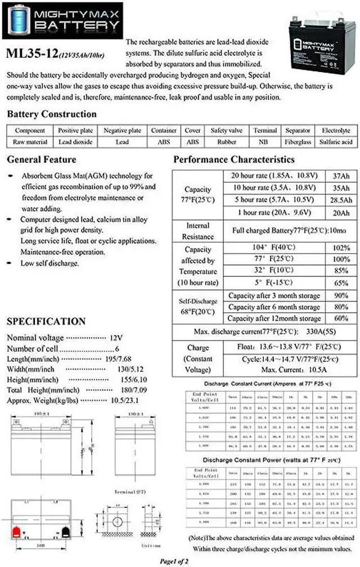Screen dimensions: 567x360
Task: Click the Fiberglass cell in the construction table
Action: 298,142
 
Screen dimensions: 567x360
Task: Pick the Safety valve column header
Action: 226,130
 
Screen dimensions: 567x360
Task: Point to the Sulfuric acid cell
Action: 336,142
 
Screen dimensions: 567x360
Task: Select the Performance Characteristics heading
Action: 233,160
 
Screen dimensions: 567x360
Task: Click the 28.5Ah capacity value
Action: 340,201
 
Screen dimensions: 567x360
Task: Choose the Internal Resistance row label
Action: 197,231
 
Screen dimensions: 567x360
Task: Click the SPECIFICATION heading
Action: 46,322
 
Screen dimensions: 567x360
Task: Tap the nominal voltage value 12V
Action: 116,338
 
